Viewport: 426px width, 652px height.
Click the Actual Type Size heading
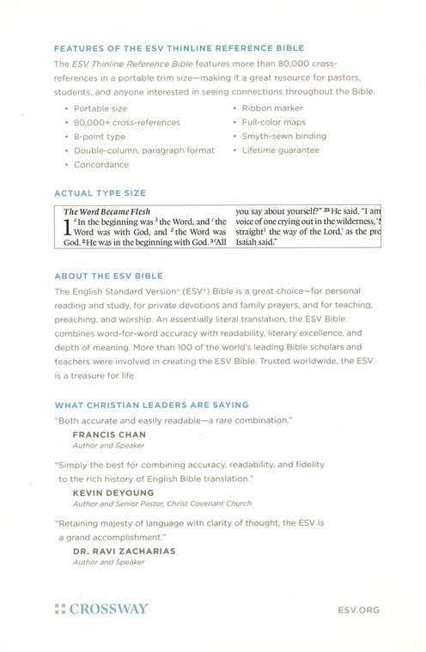[100, 193]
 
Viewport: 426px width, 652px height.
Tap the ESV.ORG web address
[352, 609]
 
